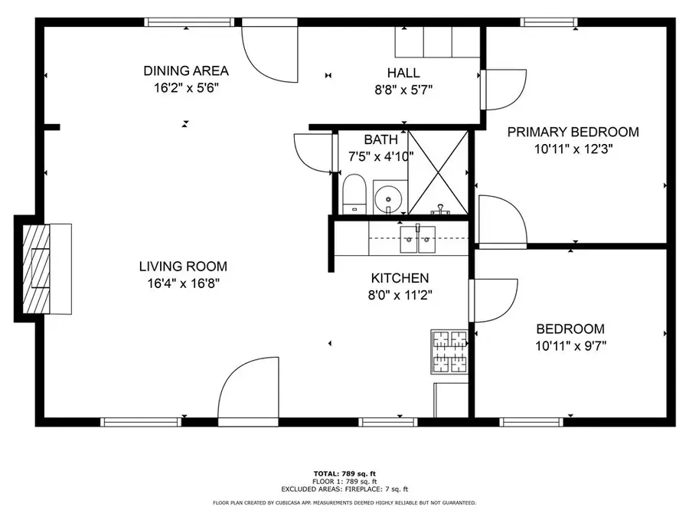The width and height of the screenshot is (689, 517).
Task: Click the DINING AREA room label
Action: (x=186, y=71)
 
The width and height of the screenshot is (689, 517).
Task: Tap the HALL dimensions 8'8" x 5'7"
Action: (x=403, y=88)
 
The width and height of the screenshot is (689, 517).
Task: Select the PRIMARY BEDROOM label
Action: (x=573, y=132)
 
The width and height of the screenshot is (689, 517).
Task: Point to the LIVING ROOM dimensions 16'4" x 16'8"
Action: (x=183, y=283)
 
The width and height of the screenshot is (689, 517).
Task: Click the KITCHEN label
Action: (x=400, y=278)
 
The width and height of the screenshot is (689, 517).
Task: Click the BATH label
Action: (x=380, y=139)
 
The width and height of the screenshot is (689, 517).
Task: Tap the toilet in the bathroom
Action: (x=354, y=194)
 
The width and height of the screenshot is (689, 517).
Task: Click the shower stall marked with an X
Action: (x=438, y=172)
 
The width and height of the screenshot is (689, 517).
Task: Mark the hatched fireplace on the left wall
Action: (x=34, y=268)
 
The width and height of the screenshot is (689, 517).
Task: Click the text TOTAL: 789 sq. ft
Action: (x=344, y=473)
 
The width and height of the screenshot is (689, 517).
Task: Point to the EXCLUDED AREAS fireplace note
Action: (x=344, y=489)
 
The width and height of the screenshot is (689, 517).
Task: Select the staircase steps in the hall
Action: (x=437, y=42)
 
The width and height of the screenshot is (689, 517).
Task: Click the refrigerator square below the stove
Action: (x=450, y=398)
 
